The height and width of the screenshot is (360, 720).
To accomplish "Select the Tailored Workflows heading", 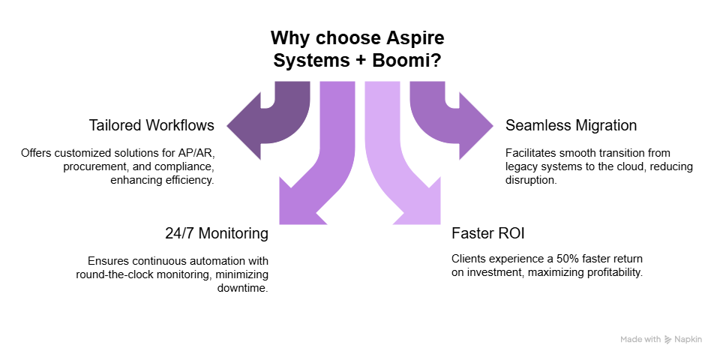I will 151,125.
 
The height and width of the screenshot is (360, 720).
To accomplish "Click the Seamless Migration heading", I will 571,125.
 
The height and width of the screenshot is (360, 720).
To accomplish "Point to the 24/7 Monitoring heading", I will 217,233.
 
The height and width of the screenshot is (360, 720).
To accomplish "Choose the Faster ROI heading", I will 483,233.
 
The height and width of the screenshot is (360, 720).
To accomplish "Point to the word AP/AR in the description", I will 197,153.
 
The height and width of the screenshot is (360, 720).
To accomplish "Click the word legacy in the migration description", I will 522,166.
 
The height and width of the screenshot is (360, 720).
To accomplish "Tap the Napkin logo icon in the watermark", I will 668,340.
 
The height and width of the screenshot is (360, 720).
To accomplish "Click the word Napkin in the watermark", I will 689,340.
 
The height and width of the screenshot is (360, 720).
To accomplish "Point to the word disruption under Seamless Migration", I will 532,181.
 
